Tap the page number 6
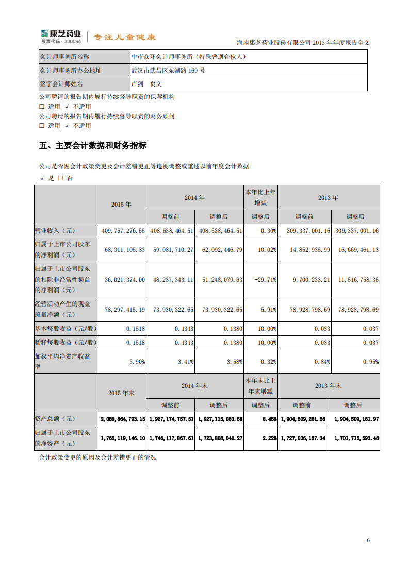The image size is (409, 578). pos(368,540)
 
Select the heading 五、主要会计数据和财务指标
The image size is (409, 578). pos(93,146)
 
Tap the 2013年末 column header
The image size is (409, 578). pos(329,386)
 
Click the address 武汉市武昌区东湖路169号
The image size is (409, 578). pos(169,71)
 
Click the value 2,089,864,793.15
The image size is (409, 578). pos(122,419)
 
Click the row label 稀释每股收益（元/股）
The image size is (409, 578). pos(65,343)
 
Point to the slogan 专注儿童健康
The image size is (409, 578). pos(124,37)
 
